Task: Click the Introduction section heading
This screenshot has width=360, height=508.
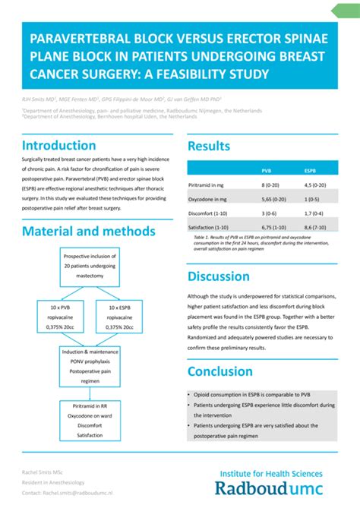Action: pos(59,145)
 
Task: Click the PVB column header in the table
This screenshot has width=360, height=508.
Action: pos(267,171)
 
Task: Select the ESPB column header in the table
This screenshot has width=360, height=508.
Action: pos(310,171)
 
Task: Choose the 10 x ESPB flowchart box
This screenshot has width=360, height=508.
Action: pos(119,317)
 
